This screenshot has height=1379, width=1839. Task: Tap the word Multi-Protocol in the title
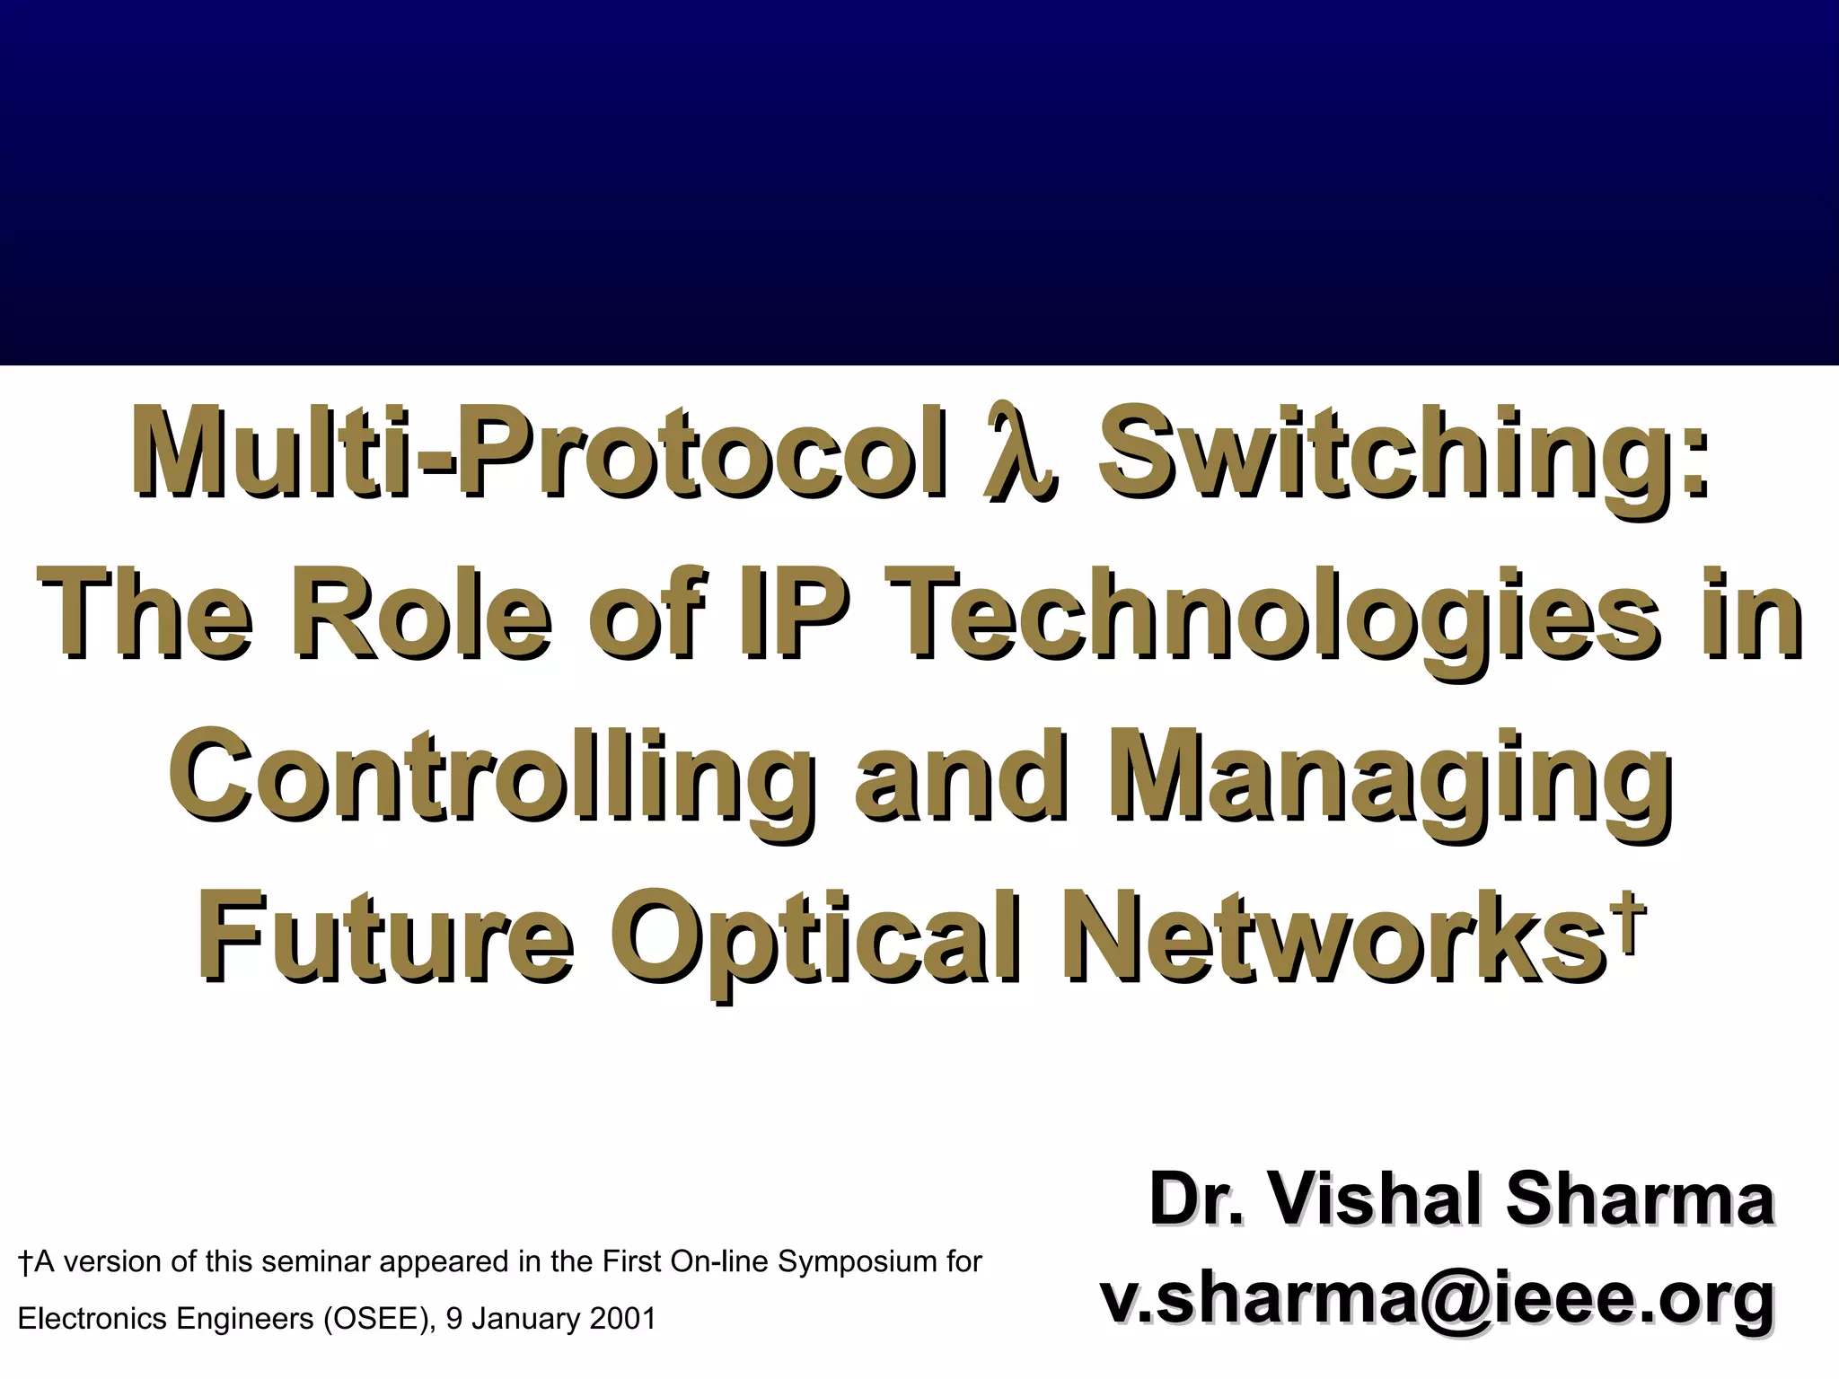coord(539,453)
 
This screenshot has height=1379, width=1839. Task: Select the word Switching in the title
coord(1401,453)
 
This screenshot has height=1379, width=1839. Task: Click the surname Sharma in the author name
coord(1640,1200)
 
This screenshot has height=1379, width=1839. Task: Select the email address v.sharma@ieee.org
coord(1437,1298)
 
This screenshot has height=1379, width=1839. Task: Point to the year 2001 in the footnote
coord(623,1319)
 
